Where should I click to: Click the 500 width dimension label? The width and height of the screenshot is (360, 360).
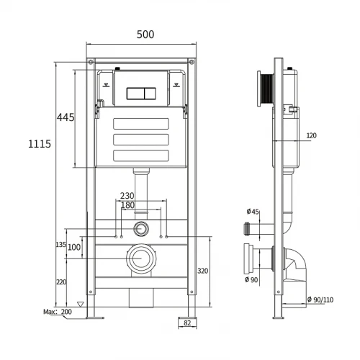145,35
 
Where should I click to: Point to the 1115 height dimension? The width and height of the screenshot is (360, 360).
40,144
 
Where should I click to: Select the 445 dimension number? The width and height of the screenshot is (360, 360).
66,117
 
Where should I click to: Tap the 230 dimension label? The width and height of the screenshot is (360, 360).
127,196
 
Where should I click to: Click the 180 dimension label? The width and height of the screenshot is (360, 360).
127,205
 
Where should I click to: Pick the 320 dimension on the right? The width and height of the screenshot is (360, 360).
203,271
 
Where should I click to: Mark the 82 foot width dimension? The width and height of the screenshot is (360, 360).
187,323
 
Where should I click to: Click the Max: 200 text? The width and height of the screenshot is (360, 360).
58,312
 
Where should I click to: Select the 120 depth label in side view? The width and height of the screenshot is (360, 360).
312,135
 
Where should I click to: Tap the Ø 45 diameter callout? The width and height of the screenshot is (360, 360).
253,212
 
